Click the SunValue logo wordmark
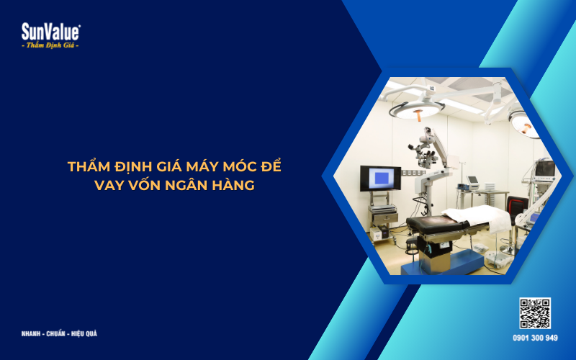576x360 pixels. tap(50, 32)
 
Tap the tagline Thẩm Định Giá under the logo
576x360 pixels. tap(50, 45)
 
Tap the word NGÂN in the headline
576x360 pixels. tap(187, 185)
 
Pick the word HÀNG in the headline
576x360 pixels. tap(234, 185)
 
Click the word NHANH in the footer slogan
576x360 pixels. tap(32, 334)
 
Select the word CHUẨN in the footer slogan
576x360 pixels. tap(56, 334)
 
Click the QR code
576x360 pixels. tap(535, 313)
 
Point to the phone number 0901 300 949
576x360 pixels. tap(535, 338)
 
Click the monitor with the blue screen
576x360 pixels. tap(380, 178)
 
